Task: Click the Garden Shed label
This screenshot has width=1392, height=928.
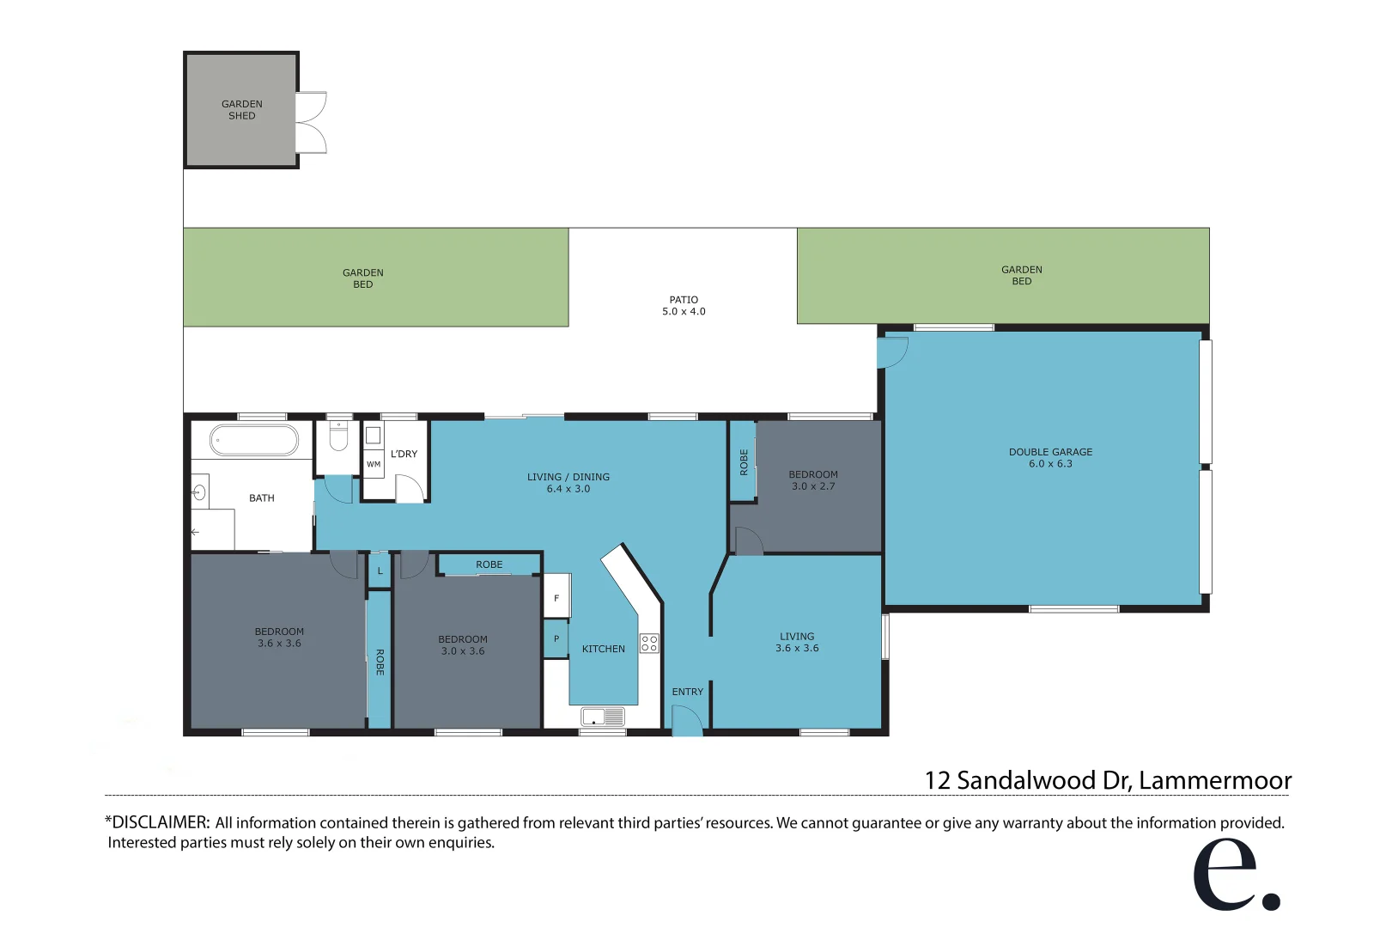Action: pyautogui.click(x=241, y=110)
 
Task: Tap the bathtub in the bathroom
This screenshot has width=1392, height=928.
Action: pyautogui.click(x=254, y=440)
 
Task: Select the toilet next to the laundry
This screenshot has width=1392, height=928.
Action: pyautogui.click(x=339, y=437)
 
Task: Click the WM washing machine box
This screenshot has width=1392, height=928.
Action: pyautogui.click(x=374, y=464)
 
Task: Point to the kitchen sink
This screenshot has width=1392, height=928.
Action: pyautogui.click(x=603, y=716)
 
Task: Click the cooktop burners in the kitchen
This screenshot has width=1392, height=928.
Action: pyautogui.click(x=649, y=644)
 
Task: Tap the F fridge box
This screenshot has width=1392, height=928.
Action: pyautogui.click(x=556, y=598)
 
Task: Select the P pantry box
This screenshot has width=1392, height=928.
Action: pyautogui.click(x=556, y=638)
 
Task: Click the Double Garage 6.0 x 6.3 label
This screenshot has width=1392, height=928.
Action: pyautogui.click(x=1050, y=458)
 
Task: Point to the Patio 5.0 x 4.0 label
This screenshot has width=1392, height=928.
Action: pyautogui.click(x=684, y=306)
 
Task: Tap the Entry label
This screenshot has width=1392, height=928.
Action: pyautogui.click(x=687, y=692)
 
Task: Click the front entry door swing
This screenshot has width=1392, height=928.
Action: pyautogui.click(x=686, y=721)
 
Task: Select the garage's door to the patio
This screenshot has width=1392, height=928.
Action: pyautogui.click(x=892, y=352)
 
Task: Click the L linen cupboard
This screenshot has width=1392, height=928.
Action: pyautogui.click(x=380, y=571)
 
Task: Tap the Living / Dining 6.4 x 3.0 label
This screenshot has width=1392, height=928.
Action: pyautogui.click(x=568, y=483)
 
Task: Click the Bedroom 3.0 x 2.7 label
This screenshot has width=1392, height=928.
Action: pyautogui.click(x=812, y=480)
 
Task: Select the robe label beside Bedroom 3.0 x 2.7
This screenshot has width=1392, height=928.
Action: pyautogui.click(x=744, y=462)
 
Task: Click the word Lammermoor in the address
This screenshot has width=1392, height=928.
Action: pyautogui.click(x=1214, y=780)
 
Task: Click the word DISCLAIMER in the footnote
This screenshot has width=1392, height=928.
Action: pyautogui.click(x=160, y=822)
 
